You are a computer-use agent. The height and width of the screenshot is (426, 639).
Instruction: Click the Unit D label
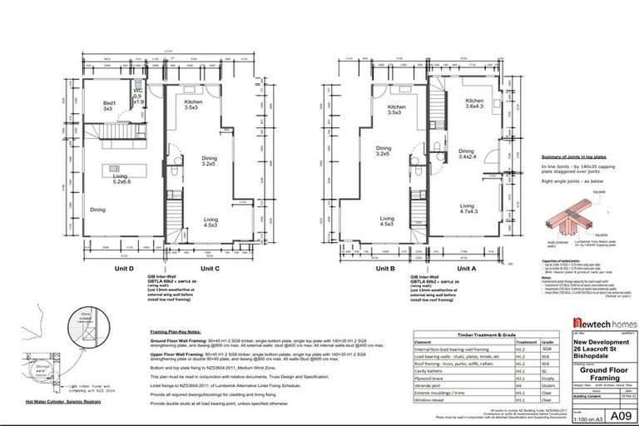tap(111, 269)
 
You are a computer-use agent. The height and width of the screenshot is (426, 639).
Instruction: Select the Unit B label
tap(384, 269)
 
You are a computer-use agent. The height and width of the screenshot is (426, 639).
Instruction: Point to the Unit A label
tap(468, 269)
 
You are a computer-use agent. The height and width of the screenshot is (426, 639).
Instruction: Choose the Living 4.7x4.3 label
tap(467, 210)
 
